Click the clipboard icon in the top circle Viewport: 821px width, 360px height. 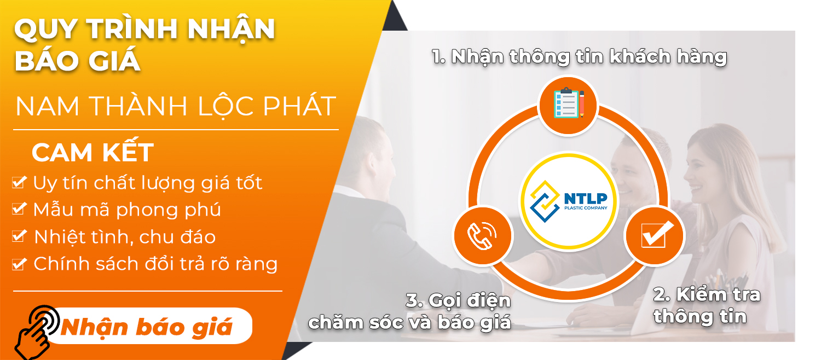click(569, 103)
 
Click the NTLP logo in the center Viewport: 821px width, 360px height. click(569, 201)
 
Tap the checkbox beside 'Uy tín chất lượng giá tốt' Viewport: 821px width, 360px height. click(19, 182)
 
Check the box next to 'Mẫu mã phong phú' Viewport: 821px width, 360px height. click(19, 208)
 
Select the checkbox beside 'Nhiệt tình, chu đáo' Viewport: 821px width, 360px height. click(19, 236)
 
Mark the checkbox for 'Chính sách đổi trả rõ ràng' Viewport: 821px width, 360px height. click(19, 264)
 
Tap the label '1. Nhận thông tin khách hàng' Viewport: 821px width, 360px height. click(579, 57)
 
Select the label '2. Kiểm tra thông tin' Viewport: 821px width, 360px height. click(707, 305)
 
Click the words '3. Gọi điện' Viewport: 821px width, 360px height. click(458, 300)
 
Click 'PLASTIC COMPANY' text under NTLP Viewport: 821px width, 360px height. click(586, 208)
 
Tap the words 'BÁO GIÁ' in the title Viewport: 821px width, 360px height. click(77, 60)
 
